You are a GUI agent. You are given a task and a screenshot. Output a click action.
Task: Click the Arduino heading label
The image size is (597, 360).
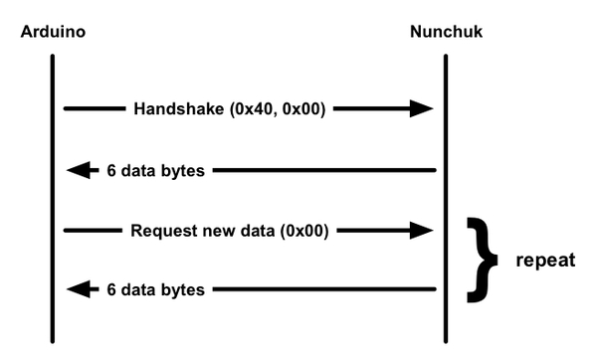tap(53, 32)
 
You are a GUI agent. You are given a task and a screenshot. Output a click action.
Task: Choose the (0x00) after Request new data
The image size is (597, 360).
tap(308, 231)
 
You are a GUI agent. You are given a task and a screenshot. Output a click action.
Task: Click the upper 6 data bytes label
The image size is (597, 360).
tap(155, 170)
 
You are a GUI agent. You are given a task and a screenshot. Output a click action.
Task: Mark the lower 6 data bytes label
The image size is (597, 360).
tap(155, 290)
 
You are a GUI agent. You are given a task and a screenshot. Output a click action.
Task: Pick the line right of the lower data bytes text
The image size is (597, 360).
tap(323, 290)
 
